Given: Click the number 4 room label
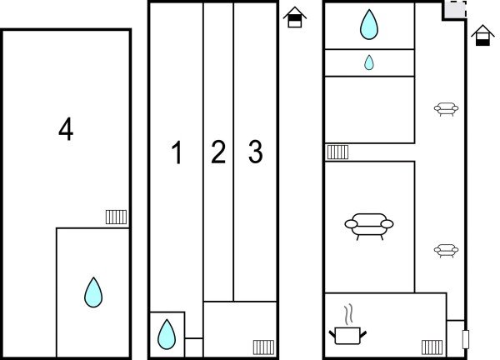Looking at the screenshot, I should pos(66,129).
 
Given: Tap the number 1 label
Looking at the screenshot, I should pos(176,152).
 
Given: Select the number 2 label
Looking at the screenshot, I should pos(218,152).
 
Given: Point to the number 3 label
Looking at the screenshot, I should pos(255,152).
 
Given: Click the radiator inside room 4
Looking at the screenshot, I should pos(116,217).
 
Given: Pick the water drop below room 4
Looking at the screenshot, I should pos(93,292).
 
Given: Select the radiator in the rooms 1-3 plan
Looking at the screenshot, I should pos(264,347).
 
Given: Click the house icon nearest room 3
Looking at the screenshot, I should pos(293,17).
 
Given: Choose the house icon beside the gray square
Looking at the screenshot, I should pos(481,36).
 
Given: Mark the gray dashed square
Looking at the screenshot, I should pos(454,11).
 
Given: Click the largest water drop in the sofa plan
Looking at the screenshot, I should pos(368,25).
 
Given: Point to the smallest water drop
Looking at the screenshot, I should pos(368,62).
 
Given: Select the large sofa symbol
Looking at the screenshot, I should pos(368,225).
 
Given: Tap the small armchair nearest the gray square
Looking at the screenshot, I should pos(446,108).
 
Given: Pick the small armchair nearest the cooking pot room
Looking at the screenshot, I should pos(446,250).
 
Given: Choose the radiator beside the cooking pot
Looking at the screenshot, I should pos(432,347).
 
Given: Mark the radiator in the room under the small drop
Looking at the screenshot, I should pos(337,152).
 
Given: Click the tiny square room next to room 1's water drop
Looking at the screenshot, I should pos(193,347).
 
